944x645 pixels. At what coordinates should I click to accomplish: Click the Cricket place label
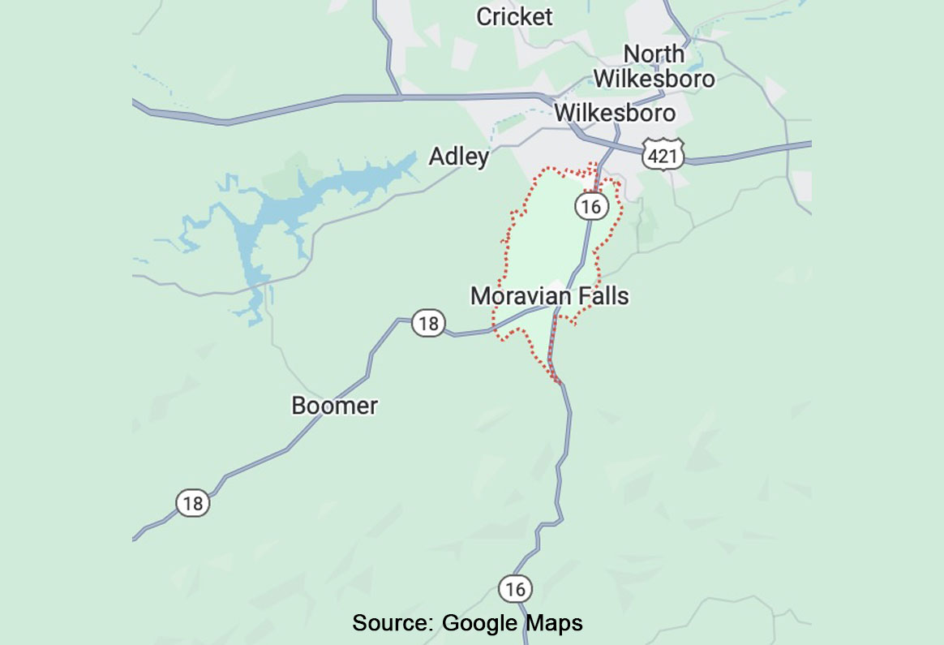tap(514, 16)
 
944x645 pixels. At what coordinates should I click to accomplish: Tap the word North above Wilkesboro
tap(654, 54)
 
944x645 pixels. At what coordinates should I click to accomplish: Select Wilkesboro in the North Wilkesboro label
tap(654, 79)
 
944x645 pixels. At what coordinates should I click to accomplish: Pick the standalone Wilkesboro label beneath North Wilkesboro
tap(615, 112)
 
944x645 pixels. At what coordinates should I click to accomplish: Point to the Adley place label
tap(458, 156)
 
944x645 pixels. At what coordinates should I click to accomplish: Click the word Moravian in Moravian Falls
tap(520, 296)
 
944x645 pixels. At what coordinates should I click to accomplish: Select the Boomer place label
tap(334, 405)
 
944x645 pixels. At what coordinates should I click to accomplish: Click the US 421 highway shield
tap(663, 154)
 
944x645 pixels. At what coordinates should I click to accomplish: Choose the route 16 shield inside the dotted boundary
tap(591, 206)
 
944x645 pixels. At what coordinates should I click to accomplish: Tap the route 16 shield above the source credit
tap(515, 588)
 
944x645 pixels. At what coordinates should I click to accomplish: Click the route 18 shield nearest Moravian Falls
tap(427, 324)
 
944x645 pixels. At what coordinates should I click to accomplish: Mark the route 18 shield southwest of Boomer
tap(192, 504)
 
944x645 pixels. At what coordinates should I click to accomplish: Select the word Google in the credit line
tap(478, 623)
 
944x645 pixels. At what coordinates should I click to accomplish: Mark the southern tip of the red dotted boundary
tap(557, 381)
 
